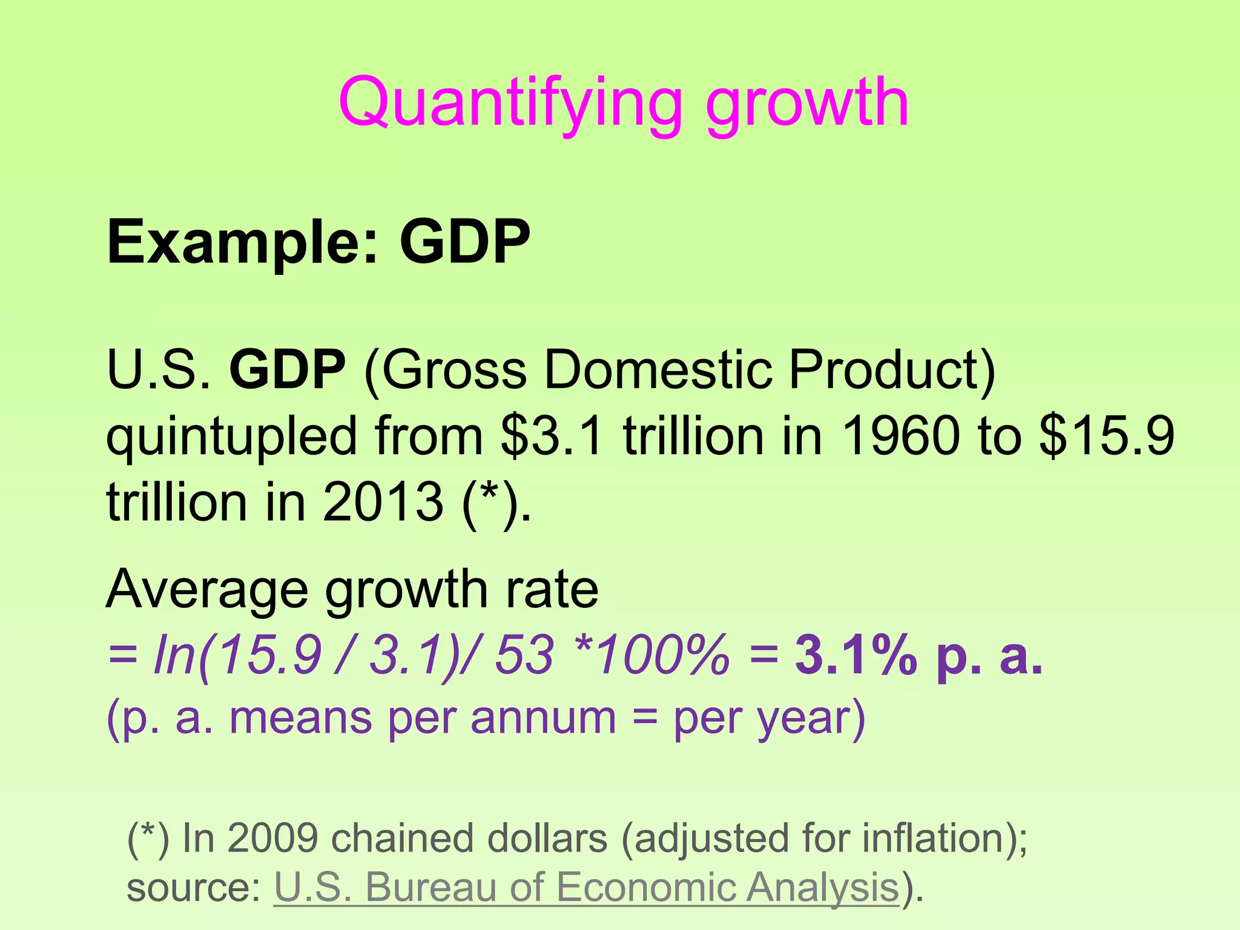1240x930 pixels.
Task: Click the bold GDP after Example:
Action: (464, 242)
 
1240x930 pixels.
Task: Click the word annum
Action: (543, 719)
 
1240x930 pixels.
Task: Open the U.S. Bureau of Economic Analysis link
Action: (586, 888)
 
